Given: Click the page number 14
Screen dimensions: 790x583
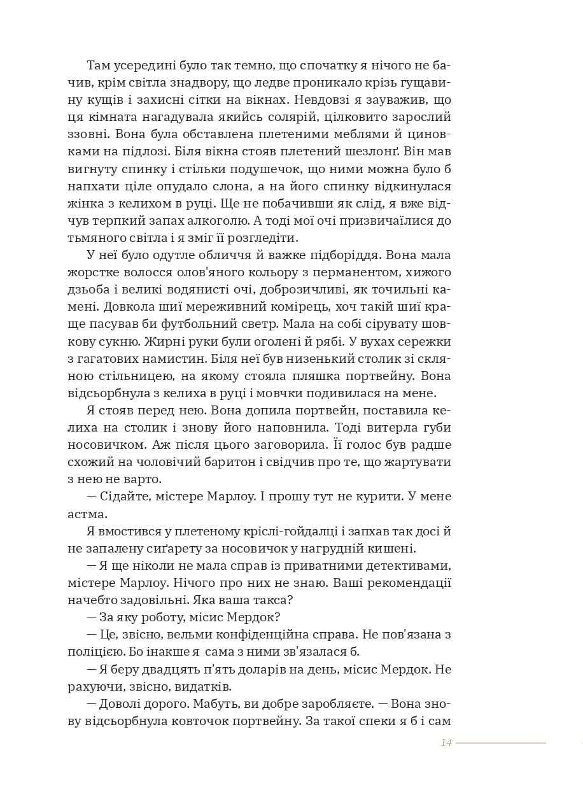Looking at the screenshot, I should pos(446,742).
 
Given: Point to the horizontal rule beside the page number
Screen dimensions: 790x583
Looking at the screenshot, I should pos(500,743).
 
